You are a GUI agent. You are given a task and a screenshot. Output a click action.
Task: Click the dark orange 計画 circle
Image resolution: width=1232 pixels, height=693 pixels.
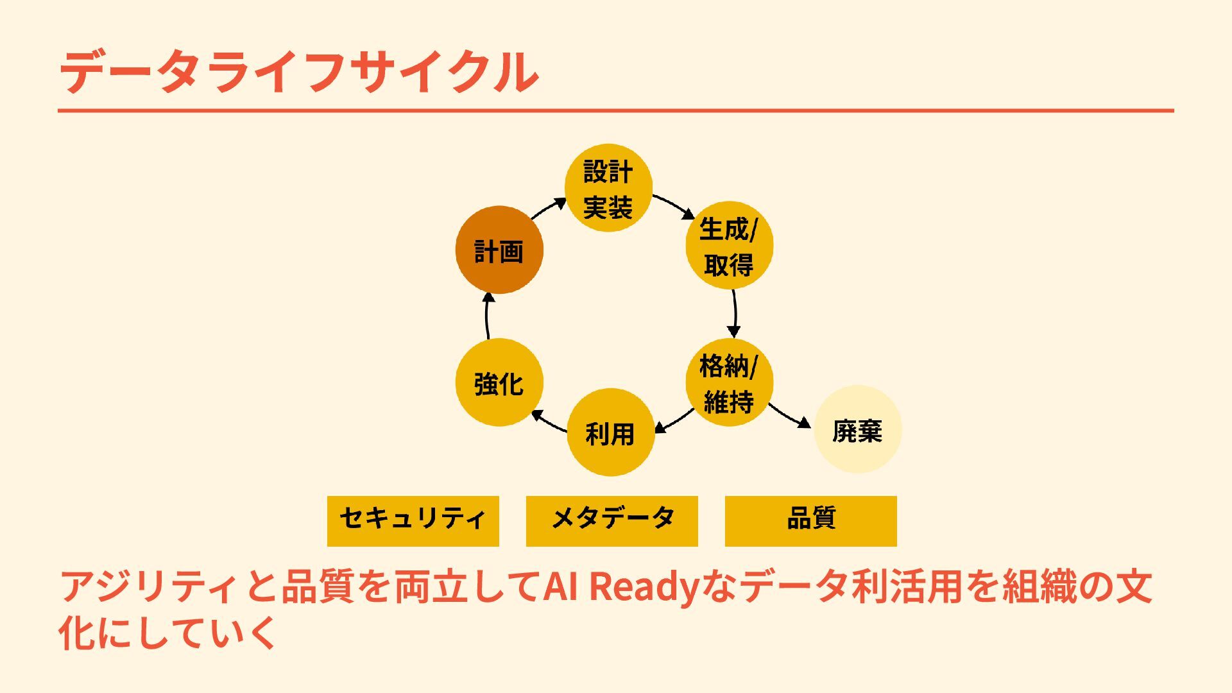[x=499, y=250]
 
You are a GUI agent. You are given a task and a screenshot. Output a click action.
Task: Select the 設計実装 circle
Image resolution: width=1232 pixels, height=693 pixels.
[x=608, y=188]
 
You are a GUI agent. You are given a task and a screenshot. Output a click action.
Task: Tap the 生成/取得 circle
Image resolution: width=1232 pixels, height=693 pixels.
[x=729, y=245]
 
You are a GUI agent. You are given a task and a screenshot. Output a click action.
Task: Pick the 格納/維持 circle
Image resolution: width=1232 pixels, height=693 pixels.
[x=729, y=383]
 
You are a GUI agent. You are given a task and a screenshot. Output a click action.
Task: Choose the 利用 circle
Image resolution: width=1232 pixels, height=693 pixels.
[x=610, y=432]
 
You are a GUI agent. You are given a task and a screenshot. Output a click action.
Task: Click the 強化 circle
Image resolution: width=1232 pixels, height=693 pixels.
[x=499, y=382]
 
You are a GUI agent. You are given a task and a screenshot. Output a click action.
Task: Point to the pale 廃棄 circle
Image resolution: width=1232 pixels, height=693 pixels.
[x=857, y=429]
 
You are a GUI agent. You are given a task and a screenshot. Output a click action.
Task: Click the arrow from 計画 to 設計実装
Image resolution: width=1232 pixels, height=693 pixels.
[x=549, y=208]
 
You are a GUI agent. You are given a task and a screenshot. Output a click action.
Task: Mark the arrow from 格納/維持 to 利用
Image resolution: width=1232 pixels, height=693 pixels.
[x=674, y=421]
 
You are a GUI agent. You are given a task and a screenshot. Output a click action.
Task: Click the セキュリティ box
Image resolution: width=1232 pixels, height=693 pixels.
[x=413, y=521]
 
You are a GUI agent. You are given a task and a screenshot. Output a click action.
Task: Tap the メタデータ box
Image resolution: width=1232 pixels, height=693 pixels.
[x=612, y=521]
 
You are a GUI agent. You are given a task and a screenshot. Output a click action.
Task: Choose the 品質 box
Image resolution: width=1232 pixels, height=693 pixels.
[x=810, y=521]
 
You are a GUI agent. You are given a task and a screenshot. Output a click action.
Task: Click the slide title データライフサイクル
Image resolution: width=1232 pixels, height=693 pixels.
[x=299, y=72]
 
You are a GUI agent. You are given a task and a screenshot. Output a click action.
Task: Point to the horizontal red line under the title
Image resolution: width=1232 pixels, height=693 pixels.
[x=615, y=111]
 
